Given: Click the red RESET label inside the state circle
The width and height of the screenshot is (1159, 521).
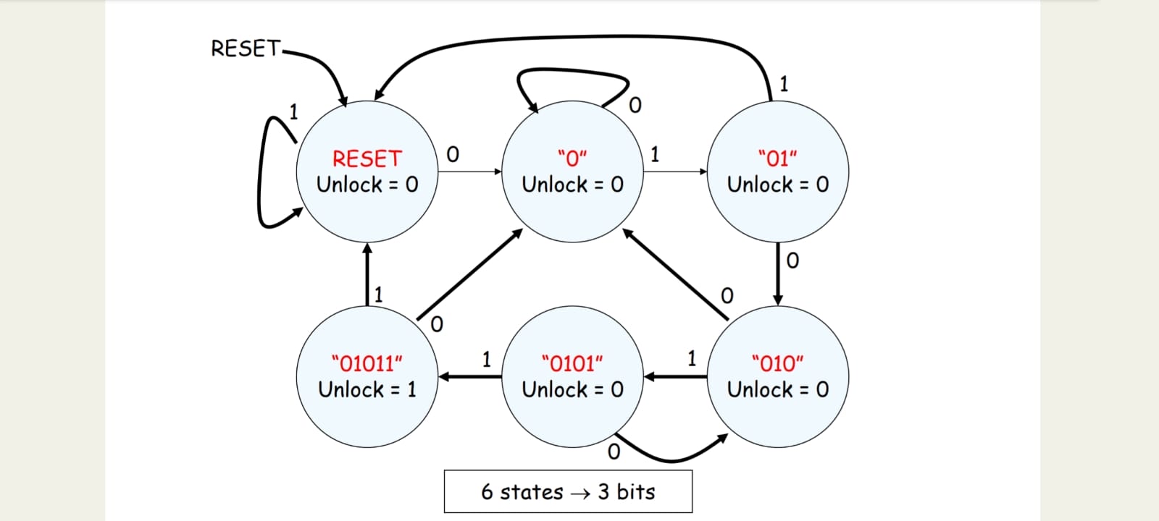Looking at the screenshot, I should click(367, 158).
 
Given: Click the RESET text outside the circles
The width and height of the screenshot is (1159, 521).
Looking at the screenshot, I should click(245, 48).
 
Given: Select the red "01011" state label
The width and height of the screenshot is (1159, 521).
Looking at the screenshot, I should click(367, 363).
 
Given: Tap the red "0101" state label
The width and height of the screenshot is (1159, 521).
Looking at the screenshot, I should click(572, 363).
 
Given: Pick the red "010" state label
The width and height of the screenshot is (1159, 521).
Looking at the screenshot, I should click(777, 363).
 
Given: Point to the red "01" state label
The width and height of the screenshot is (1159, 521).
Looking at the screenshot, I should click(777, 158).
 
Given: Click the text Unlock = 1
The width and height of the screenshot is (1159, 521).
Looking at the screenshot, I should click(367, 389).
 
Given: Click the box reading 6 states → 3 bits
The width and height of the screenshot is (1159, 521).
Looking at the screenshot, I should click(568, 492).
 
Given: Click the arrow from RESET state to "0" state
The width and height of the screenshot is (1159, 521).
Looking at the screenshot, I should click(469, 171).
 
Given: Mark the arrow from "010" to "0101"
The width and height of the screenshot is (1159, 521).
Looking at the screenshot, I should click(675, 376).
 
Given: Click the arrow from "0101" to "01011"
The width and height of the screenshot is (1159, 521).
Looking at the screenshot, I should click(469, 376).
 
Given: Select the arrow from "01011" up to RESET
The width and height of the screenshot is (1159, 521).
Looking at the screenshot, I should click(367, 275).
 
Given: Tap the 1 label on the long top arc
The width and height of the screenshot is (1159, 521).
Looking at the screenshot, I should click(783, 84).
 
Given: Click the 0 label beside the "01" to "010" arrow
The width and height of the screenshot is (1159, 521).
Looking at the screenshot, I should click(792, 260).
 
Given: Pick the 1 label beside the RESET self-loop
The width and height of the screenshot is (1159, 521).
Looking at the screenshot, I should click(293, 111).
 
